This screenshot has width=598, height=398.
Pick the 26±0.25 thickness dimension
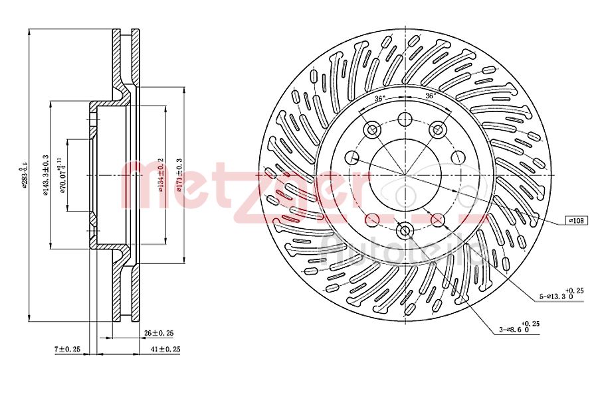pos(159,333)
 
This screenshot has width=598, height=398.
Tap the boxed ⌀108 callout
pos(575,220)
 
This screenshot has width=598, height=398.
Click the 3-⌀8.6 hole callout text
pos(517,328)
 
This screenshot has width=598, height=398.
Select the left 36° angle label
pos(379,98)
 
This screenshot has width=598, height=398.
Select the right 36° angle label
pos(430,97)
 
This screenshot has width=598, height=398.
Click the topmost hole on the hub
pos(404,119)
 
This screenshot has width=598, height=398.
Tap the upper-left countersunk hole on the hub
pos(372,130)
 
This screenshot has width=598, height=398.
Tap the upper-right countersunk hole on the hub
pos(437,130)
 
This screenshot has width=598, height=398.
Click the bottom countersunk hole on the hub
pos(404,230)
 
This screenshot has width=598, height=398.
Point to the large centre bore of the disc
pos(404,175)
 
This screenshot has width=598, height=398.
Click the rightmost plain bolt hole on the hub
pos(456,157)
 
